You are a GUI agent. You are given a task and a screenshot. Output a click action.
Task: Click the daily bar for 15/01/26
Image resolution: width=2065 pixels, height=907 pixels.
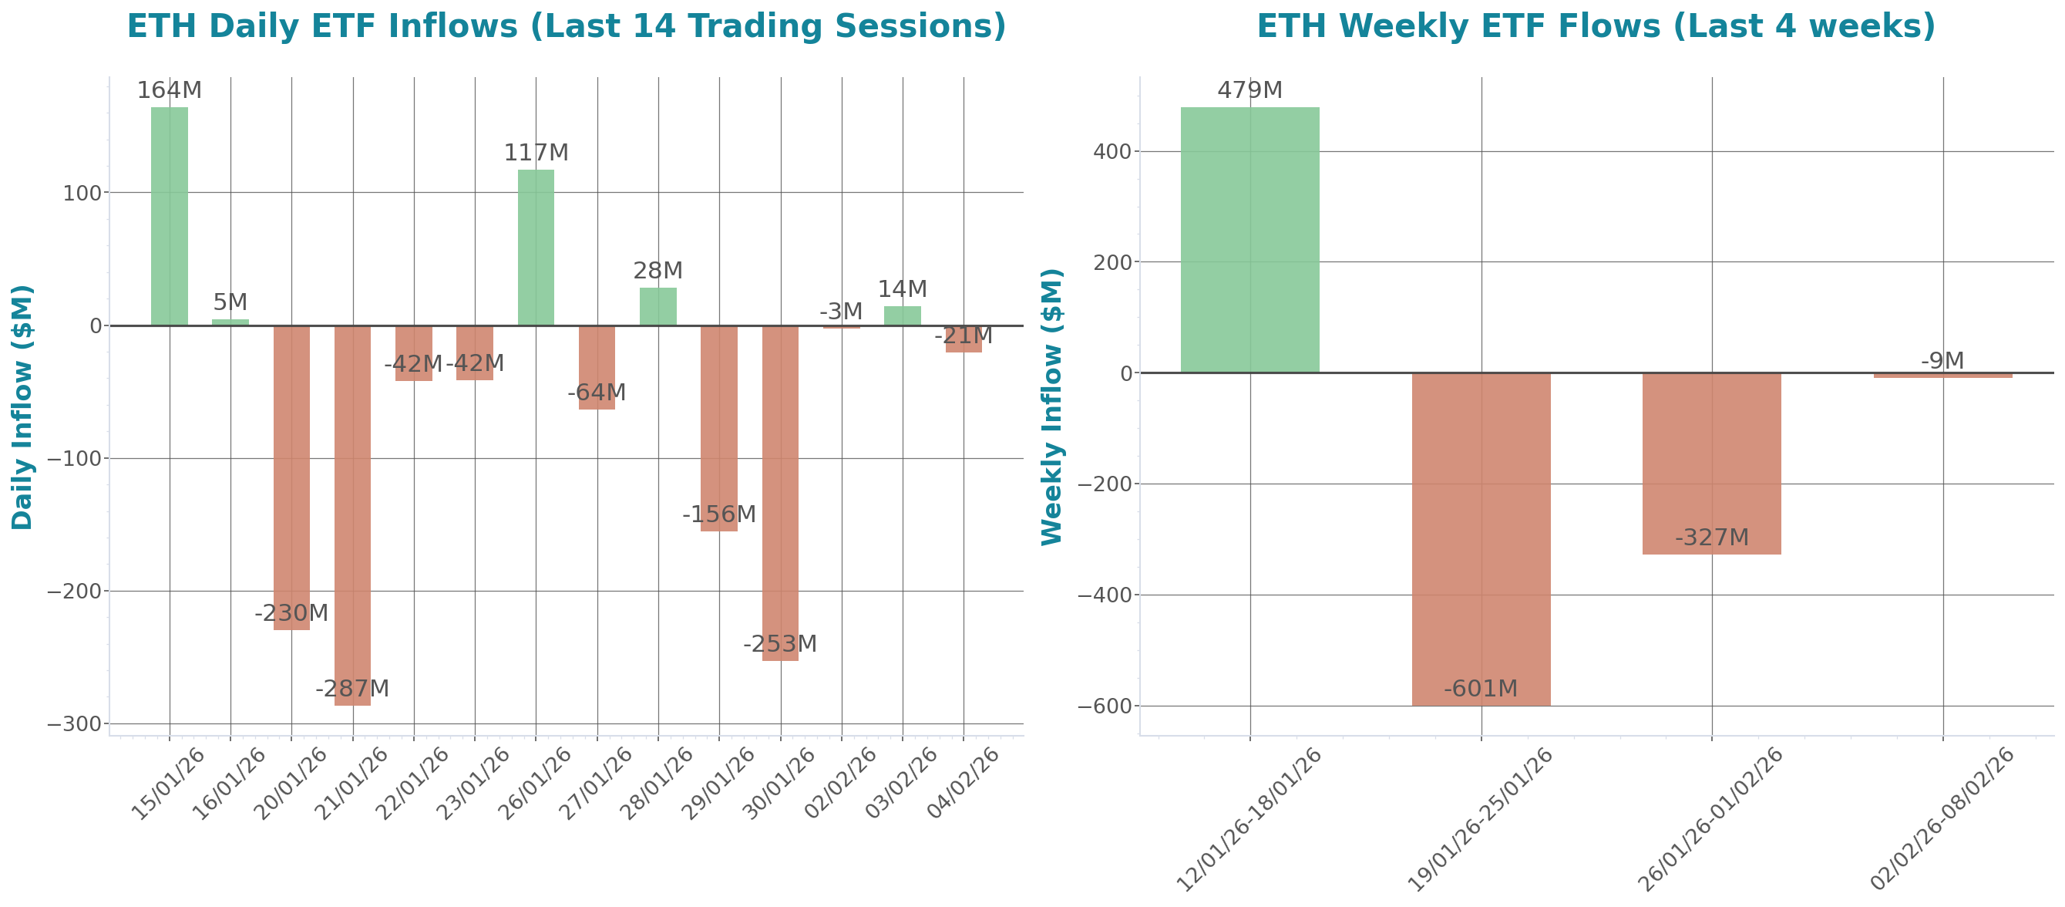(169, 216)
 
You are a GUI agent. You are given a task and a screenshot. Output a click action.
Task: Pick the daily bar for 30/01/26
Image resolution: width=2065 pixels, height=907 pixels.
(780, 492)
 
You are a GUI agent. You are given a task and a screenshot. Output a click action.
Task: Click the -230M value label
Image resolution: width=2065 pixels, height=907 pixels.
(291, 613)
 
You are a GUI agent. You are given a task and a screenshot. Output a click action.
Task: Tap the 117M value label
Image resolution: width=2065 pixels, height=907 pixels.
(536, 153)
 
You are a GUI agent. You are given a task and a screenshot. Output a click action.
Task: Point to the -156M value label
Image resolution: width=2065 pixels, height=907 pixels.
(719, 514)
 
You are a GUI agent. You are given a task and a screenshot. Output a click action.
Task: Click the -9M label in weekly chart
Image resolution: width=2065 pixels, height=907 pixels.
(1942, 361)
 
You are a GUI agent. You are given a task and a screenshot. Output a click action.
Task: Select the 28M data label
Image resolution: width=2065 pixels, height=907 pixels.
(658, 271)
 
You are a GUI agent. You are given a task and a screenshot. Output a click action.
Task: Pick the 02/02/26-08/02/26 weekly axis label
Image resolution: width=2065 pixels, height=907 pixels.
(1942, 818)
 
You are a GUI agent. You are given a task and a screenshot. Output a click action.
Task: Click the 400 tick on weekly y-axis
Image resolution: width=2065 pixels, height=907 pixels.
(1112, 152)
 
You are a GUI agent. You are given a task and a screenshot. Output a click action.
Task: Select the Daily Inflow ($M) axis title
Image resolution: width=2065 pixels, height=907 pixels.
(22, 406)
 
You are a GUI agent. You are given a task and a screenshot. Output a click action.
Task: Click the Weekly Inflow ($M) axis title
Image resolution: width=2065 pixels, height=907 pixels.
(1051, 406)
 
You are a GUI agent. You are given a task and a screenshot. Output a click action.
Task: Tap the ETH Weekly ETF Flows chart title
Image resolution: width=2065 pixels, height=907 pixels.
(1596, 25)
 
